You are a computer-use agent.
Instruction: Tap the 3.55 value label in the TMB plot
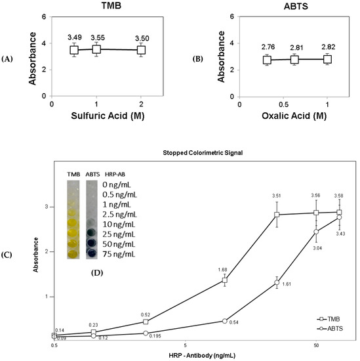(x=96, y=38)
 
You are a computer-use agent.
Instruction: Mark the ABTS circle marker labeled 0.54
(x=224, y=321)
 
